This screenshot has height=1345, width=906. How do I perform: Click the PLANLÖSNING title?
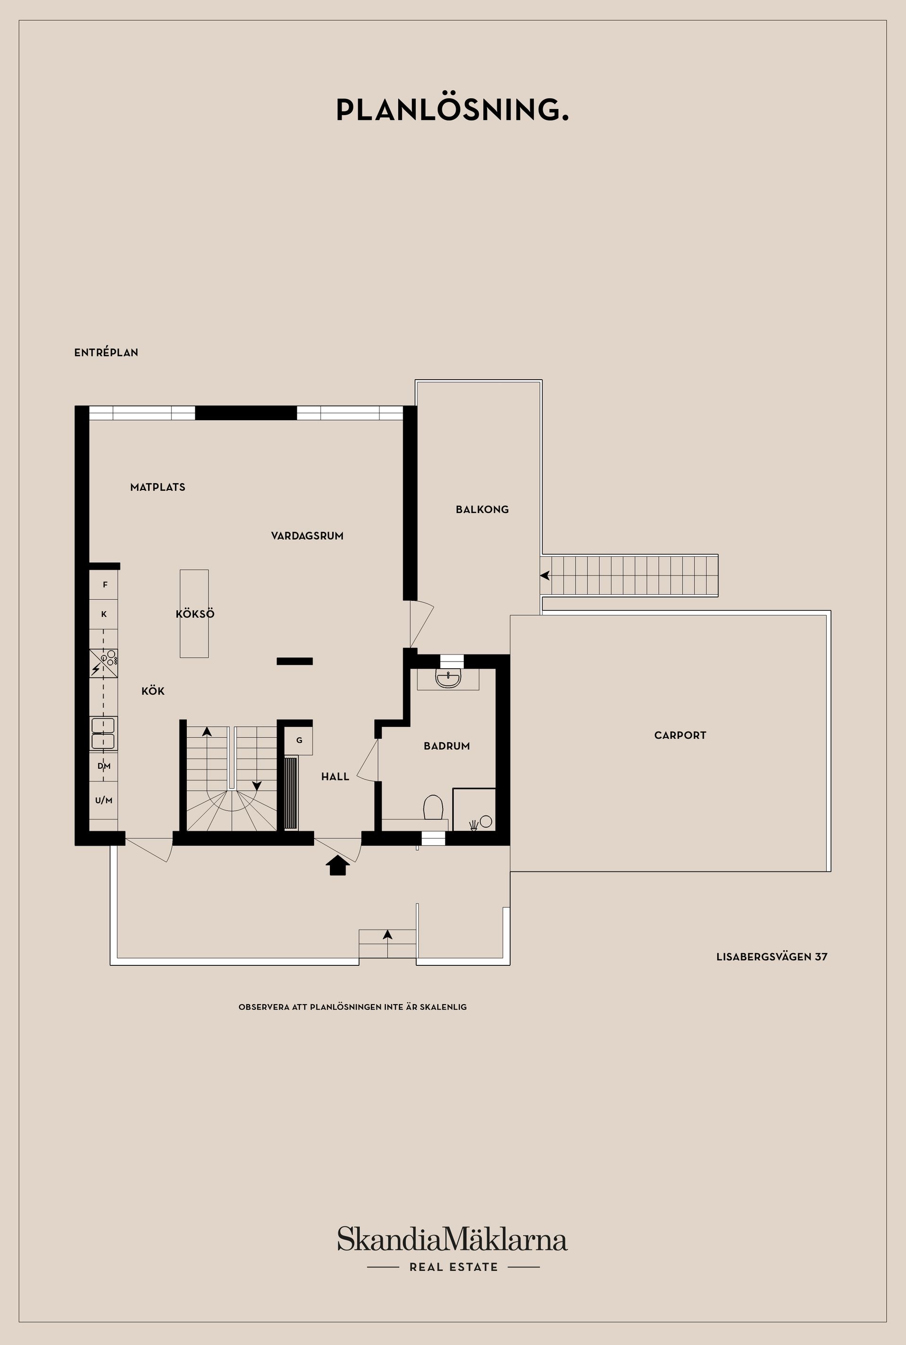pyautogui.click(x=453, y=110)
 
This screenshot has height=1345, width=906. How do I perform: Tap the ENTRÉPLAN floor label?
pyautogui.click(x=106, y=352)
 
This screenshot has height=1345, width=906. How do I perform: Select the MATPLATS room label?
pyautogui.click(x=158, y=487)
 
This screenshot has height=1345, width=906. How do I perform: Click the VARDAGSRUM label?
pyautogui.click(x=307, y=536)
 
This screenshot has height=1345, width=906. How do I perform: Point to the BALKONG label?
pyautogui.click(x=482, y=509)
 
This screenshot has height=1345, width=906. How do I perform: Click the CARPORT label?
pyautogui.click(x=680, y=735)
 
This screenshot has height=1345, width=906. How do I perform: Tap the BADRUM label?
pyautogui.click(x=447, y=746)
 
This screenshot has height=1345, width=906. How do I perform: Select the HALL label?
pyautogui.click(x=335, y=777)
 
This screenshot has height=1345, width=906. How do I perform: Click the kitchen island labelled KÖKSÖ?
pyautogui.click(x=194, y=614)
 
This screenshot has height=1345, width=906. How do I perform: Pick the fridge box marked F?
pyautogui.click(x=104, y=584)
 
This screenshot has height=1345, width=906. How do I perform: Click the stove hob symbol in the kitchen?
pyautogui.click(x=104, y=664)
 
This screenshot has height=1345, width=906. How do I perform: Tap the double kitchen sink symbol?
pyautogui.click(x=103, y=733)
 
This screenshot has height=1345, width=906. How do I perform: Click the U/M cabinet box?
pyautogui.click(x=103, y=800)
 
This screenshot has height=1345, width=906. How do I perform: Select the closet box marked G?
pyautogui.click(x=299, y=740)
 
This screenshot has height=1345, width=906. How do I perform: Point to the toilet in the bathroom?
pyautogui.click(x=433, y=807)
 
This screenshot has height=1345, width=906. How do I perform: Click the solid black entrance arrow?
pyautogui.click(x=337, y=865)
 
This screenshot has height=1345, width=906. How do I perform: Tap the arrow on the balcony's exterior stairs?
pyautogui.click(x=545, y=576)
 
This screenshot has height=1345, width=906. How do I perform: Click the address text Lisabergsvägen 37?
pyautogui.click(x=772, y=956)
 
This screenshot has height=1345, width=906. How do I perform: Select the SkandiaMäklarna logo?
pyautogui.click(x=453, y=1239)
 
